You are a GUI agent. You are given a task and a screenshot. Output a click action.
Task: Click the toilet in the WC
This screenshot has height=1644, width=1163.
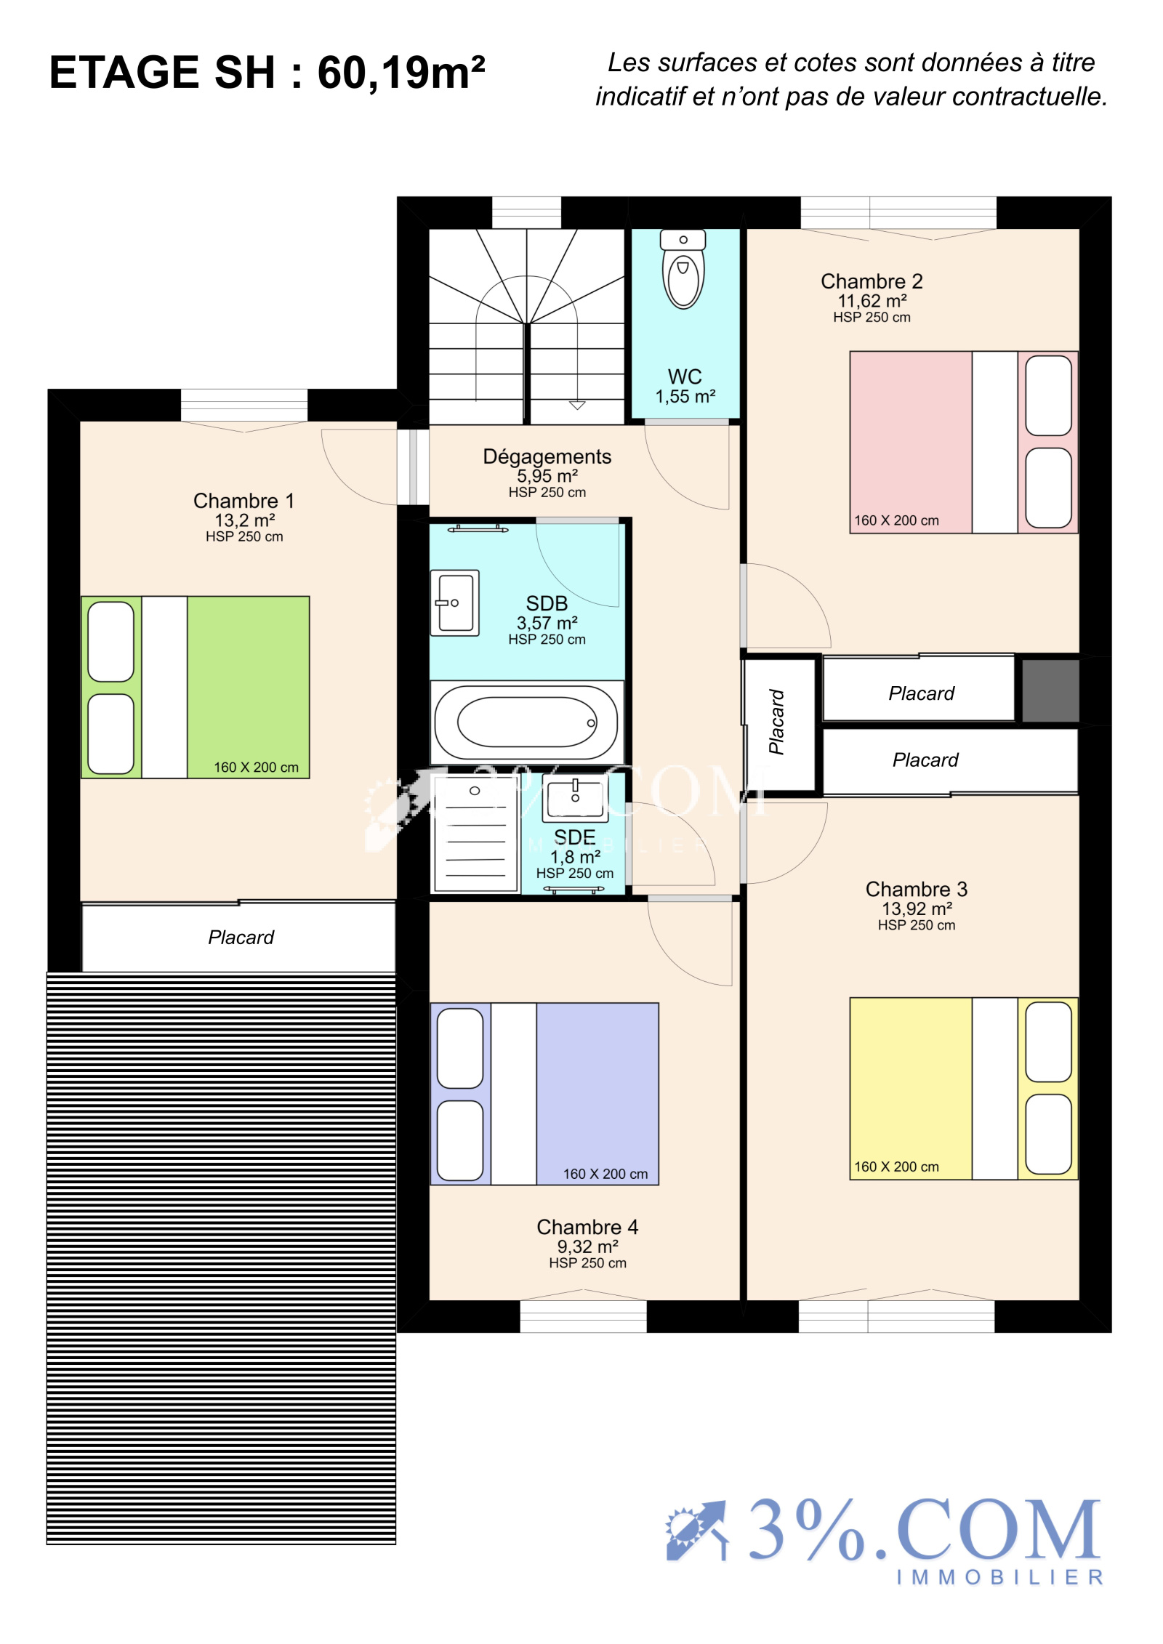[x=683, y=269]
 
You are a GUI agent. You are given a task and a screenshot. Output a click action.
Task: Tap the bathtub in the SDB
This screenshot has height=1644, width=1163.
[x=527, y=722]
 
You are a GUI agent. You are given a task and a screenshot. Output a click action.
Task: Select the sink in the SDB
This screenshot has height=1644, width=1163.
[x=455, y=603]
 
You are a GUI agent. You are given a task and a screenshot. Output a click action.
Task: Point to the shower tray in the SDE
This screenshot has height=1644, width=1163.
[x=475, y=833]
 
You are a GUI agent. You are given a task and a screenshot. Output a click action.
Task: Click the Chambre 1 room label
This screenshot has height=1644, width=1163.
[x=244, y=501]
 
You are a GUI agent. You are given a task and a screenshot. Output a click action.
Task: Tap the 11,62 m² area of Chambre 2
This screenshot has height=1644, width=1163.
[x=872, y=301]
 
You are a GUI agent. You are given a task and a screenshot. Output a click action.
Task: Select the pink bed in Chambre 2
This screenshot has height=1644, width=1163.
[x=964, y=443]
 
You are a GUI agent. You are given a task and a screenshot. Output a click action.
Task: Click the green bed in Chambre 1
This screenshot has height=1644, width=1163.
[x=196, y=688]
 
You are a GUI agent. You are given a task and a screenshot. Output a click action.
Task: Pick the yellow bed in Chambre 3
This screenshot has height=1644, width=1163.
[x=964, y=1088]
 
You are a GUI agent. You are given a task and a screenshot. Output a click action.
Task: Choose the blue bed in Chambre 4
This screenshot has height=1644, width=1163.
[x=544, y=1094]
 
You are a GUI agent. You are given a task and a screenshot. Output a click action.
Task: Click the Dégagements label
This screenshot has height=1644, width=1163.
[x=547, y=456]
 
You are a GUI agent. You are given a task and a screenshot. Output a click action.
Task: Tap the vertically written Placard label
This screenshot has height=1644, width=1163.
[x=776, y=722]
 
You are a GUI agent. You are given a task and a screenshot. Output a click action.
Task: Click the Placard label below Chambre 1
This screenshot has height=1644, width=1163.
[x=241, y=938]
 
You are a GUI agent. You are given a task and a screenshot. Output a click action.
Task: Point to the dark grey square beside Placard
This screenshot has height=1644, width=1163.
[x=1050, y=690]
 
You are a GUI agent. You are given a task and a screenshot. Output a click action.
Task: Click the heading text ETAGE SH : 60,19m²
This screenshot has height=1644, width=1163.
[x=267, y=73]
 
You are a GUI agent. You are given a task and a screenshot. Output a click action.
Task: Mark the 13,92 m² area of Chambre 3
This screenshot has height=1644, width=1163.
[x=917, y=908]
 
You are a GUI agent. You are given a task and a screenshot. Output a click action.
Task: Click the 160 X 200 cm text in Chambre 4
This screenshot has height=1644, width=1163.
[x=605, y=1174]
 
